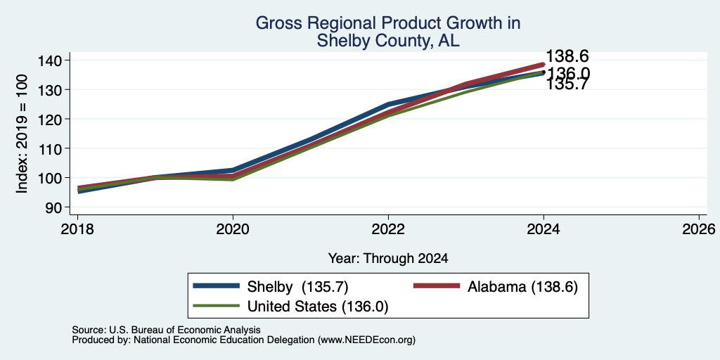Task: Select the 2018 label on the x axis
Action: [77, 229]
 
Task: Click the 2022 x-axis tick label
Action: [388, 229]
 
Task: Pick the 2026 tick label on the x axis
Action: [700, 229]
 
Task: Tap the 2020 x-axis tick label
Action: [233, 229]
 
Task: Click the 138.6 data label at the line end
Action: [567, 56]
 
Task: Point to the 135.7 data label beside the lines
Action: [567, 85]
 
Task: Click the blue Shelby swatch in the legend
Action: [217, 286]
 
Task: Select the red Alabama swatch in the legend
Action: [437, 286]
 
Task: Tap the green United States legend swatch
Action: [217, 306]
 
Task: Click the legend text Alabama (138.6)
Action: [522, 287]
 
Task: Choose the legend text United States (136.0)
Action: [318, 307]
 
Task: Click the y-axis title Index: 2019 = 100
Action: [22, 134]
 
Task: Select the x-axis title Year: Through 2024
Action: [388, 259]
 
